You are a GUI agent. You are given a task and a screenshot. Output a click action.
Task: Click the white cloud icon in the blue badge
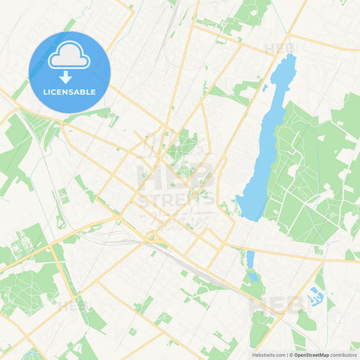point(69,59)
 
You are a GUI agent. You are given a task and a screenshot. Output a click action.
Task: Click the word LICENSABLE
point(69,92)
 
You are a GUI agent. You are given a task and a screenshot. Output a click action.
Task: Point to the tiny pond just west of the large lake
point(265,87)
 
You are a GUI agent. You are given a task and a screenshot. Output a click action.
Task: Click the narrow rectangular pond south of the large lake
point(251,259)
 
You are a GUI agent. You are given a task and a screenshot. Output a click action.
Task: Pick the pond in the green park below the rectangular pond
point(253,276)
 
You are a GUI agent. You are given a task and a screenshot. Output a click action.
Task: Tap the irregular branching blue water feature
point(315,294)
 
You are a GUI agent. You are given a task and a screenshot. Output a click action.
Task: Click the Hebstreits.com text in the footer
point(267,354)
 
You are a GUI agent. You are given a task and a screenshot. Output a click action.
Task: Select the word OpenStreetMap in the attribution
point(311,354)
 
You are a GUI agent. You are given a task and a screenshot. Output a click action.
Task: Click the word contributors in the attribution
point(343,354)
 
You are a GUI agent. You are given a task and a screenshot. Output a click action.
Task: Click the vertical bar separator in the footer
point(286,354)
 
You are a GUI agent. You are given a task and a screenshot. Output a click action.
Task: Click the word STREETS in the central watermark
point(177,201)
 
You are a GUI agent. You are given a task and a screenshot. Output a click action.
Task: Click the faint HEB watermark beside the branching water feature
point(278,305)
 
